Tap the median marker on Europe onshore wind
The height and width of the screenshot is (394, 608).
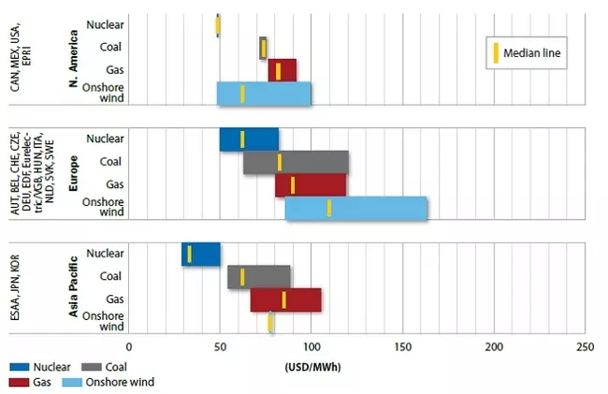click(x=329, y=208)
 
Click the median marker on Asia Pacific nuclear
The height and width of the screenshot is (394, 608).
click(x=189, y=254)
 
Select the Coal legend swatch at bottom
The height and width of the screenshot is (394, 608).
click(x=91, y=366)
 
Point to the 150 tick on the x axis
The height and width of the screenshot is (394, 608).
click(x=402, y=347)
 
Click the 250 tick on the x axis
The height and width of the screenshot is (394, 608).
click(x=585, y=347)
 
